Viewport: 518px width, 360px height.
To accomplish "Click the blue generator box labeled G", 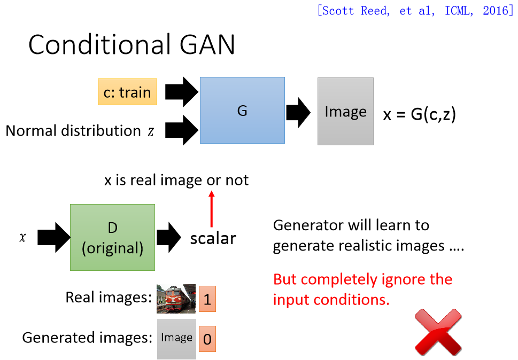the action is (x=242, y=110).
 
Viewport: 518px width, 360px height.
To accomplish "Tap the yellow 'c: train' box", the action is (x=127, y=92).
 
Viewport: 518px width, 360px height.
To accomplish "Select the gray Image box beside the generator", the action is (x=345, y=111).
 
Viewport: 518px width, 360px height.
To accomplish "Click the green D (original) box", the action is (x=112, y=237).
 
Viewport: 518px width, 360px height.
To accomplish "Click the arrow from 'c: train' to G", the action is (x=181, y=92).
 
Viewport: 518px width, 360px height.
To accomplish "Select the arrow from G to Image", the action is (x=298, y=112).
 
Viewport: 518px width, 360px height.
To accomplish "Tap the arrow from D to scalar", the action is (x=169, y=238).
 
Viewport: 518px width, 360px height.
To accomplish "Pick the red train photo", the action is (x=176, y=298).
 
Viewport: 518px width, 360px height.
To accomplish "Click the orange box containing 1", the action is (x=207, y=299).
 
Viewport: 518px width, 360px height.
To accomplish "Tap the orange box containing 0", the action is (x=207, y=339).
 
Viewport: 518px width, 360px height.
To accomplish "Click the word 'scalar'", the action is (x=213, y=238).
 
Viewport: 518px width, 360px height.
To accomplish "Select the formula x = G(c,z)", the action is (x=419, y=114).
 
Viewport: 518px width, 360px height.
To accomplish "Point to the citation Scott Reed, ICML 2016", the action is (x=415, y=11).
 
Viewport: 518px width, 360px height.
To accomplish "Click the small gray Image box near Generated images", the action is (x=176, y=339).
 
